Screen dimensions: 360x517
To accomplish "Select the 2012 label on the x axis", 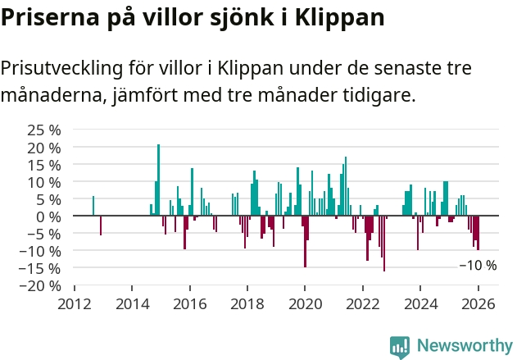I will pyautogui.click(x=75, y=303).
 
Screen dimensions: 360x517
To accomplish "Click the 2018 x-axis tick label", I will pyautogui.click(x=247, y=303).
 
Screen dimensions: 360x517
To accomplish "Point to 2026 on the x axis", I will pyautogui.click(x=478, y=303).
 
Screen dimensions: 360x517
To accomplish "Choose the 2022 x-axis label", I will pyautogui.click(x=362, y=303).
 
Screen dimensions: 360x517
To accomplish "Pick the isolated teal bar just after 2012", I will pyautogui.click(x=93, y=206).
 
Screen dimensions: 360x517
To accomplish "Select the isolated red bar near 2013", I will pyautogui.click(x=101, y=226).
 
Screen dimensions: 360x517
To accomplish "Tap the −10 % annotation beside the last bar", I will pyautogui.click(x=477, y=266).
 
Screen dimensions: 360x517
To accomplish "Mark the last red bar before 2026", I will pyautogui.click(x=478, y=233).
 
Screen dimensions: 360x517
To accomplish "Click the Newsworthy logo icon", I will pyautogui.click(x=400, y=346).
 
